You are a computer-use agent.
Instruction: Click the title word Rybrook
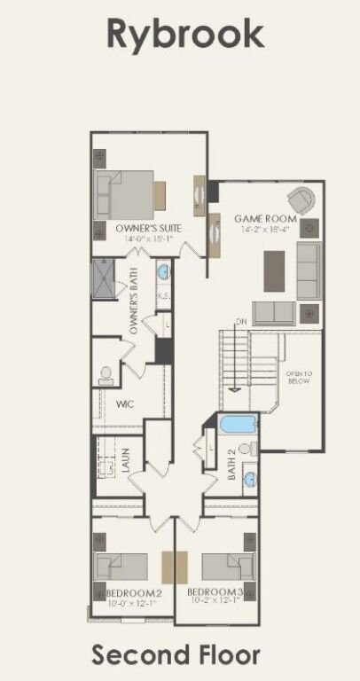(185, 35)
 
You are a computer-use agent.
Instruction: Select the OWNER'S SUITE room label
(150, 229)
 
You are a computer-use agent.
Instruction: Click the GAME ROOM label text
(265, 218)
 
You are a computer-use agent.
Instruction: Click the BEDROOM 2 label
(133, 591)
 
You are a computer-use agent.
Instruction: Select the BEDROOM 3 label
(215, 591)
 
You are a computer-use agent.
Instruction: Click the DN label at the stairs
(241, 321)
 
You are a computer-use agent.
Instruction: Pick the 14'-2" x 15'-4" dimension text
(266, 229)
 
